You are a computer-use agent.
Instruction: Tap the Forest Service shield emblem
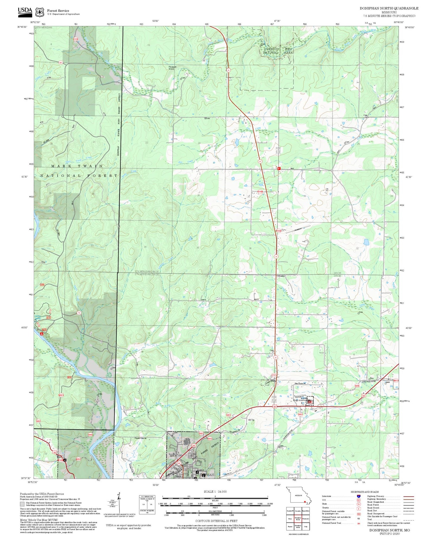coord(39,12)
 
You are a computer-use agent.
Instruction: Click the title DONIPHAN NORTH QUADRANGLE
coord(389,8)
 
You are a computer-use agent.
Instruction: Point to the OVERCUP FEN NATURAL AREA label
coord(278,51)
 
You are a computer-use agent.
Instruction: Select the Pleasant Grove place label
coord(172,68)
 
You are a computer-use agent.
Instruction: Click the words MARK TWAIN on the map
coord(77,166)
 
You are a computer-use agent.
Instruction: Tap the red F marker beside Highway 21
coord(279,168)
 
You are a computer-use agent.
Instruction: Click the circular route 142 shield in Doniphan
coord(179,463)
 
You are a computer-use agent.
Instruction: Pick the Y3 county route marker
coord(79,313)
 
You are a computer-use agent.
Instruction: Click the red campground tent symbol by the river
coord(42,334)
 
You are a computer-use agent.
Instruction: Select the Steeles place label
coord(281,276)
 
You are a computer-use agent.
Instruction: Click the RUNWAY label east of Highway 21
coord(298,229)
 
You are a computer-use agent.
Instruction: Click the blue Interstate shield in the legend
coord(359,496)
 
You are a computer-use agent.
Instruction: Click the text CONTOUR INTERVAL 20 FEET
coord(216,521)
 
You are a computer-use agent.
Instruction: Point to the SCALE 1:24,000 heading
coord(215,491)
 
